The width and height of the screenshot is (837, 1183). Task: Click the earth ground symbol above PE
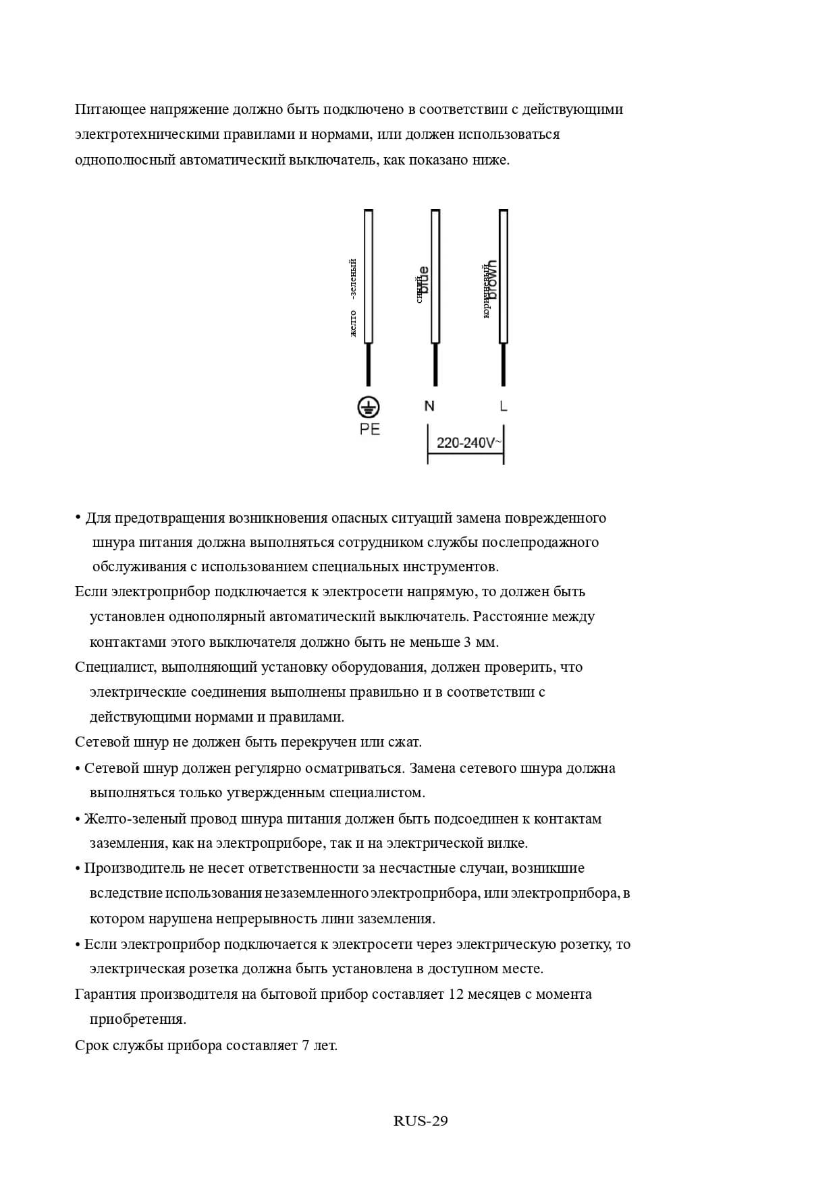(369, 407)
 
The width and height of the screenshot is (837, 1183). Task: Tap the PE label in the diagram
(370, 430)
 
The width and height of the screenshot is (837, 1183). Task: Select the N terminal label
(429, 406)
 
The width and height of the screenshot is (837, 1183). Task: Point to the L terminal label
(504, 406)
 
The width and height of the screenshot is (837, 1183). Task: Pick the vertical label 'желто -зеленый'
(352, 297)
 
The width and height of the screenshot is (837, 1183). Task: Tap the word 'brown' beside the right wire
(493, 279)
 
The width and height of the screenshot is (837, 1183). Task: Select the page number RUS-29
(421, 1121)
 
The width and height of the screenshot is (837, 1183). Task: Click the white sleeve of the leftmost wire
(369, 277)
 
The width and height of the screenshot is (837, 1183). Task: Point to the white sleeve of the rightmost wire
(504, 277)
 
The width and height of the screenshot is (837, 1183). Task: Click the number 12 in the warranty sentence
(456, 994)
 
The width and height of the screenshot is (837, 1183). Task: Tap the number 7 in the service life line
(306, 1045)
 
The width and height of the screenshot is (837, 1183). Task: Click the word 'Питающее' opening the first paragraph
(110, 109)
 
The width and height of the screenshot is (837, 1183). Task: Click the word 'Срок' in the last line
(90, 1045)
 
